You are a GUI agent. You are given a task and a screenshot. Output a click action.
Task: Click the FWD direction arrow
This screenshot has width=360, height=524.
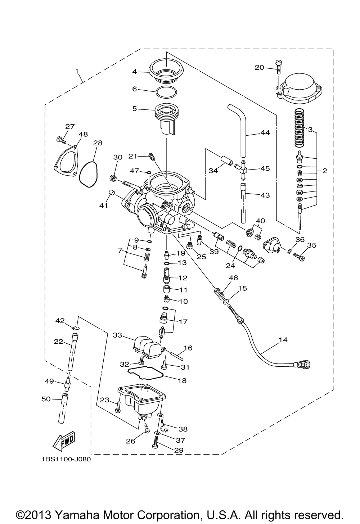[64, 441]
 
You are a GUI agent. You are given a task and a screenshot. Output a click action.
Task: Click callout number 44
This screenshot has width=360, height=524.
[265, 133]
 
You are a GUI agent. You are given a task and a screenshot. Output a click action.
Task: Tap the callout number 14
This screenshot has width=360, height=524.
[283, 339]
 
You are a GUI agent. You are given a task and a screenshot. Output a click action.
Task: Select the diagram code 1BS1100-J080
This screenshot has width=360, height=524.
[66, 459]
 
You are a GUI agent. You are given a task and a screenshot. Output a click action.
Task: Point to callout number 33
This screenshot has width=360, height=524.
[117, 335]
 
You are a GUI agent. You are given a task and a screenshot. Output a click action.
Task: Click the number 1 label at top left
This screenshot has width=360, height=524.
[77, 71]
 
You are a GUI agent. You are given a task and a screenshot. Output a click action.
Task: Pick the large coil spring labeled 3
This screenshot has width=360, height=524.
[299, 127]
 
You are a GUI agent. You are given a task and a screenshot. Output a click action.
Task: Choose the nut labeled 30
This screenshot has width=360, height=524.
[113, 179]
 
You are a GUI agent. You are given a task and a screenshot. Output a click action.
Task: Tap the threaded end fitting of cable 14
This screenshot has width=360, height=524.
[303, 364]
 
